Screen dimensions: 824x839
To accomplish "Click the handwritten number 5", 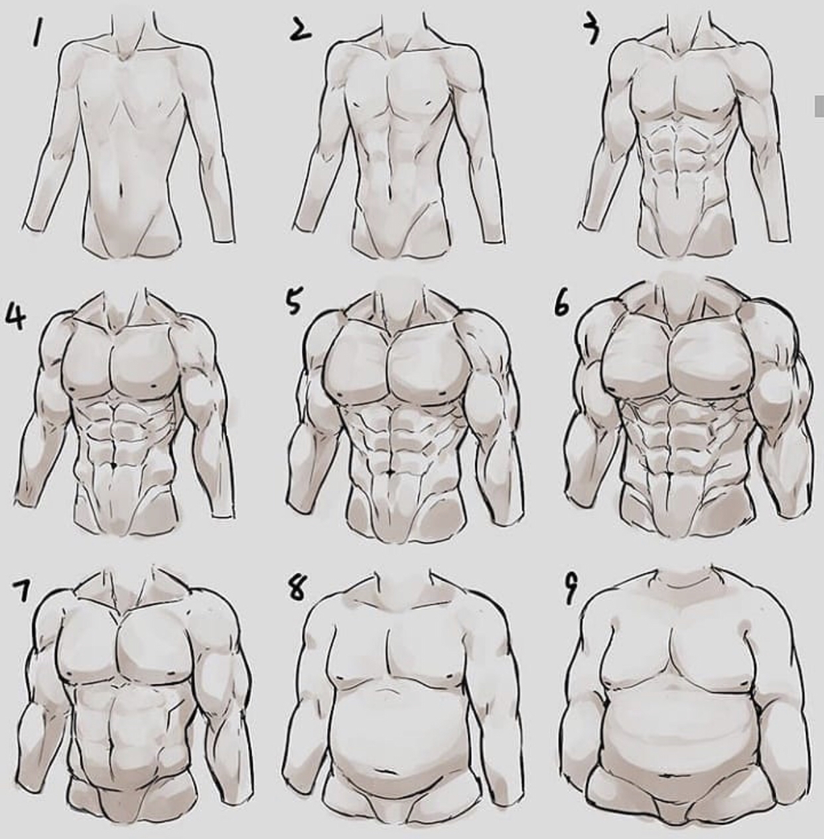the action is click(295, 299).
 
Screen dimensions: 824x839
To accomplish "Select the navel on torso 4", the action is click(113, 466).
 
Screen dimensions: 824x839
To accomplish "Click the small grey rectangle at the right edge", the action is click(819, 106).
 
